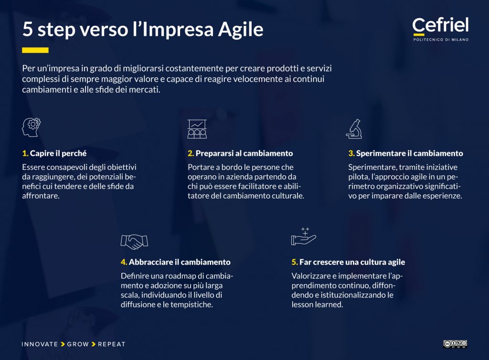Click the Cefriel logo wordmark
tap(440, 25)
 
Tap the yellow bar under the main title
tap(35, 50)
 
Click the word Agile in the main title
tap(240, 30)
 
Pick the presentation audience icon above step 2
tap(197, 128)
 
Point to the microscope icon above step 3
tap(353, 128)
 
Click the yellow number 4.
tap(123, 262)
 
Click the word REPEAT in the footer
tap(112, 344)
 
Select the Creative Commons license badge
tap(455, 344)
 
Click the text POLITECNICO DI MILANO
tap(441, 40)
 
